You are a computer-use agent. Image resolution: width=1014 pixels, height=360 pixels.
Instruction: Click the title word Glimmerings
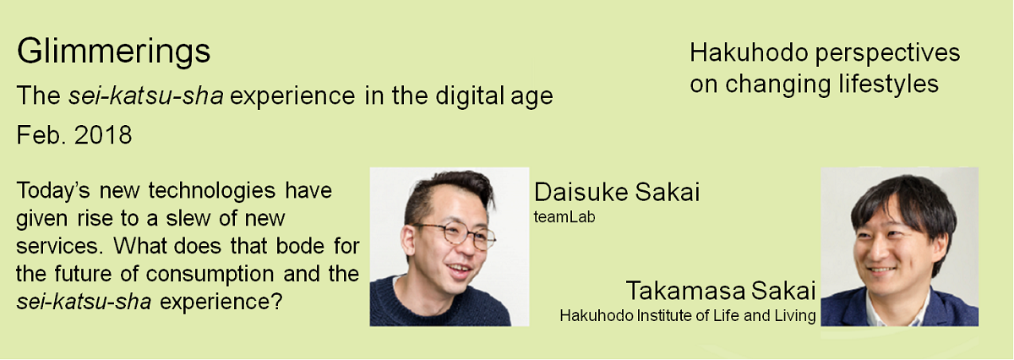click(113, 52)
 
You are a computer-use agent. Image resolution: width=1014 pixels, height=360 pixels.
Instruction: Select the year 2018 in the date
click(103, 135)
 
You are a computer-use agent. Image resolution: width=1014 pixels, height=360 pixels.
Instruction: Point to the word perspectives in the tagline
click(887, 53)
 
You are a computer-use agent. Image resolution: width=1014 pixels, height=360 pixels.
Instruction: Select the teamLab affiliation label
click(564, 217)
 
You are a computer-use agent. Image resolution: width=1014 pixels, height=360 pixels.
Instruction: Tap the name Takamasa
click(685, 290)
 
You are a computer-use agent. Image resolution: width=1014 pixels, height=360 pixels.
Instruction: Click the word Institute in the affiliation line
click(663, 315)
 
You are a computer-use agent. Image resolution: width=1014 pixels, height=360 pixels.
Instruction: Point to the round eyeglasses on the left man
click(455, 235)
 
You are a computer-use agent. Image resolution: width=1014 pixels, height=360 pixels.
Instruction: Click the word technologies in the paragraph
click(212, 191)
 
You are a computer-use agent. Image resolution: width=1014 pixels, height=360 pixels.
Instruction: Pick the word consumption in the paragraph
click(210, 275)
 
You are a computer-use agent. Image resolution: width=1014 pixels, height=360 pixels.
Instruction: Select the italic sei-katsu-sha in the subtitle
click(145, 95)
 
